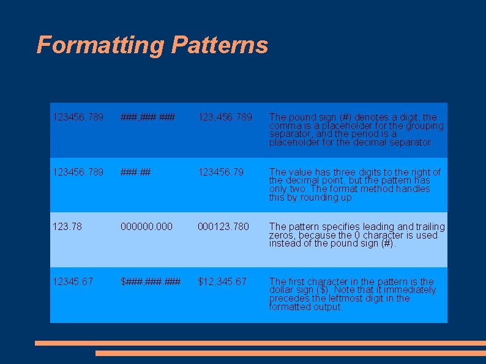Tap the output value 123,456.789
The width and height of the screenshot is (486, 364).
point(225,117)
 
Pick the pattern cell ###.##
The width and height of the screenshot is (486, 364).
point(136,173)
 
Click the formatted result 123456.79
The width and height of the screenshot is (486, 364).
point(220,173)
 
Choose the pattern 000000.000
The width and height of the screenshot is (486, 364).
point(147,227)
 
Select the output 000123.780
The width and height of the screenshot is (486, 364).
point(223,227)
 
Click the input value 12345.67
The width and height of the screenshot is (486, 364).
point(72,281)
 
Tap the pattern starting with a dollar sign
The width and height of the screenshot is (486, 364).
point(151,281)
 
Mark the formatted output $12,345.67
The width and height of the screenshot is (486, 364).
point(222,281)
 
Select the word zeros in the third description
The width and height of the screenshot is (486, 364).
point(281,236)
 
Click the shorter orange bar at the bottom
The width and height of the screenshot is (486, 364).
point(290,353)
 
